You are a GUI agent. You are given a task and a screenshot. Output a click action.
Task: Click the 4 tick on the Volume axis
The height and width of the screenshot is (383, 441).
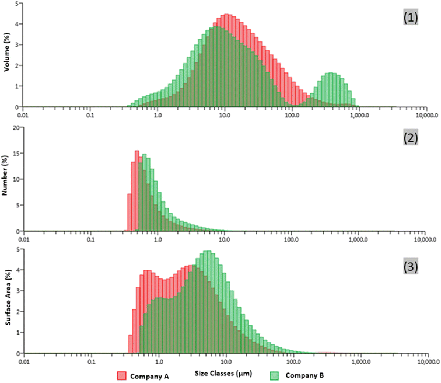[17, 24]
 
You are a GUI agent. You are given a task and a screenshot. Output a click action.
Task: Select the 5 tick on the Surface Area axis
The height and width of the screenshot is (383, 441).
[17, 249]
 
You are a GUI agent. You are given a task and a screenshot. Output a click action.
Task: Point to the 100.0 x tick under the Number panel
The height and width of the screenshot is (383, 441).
[292, 239]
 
